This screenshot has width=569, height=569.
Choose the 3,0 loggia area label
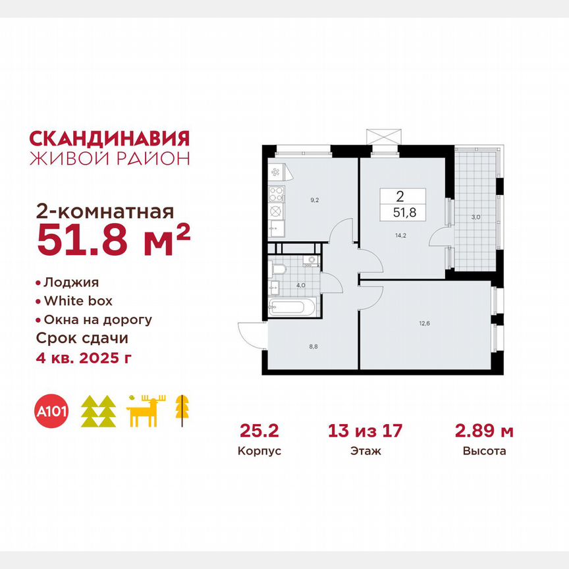tap(476, 215)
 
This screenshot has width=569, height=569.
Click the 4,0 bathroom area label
tap(300, 285)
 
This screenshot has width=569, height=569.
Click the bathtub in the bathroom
tap(292, 307)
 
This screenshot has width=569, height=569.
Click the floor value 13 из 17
tap(366, 431)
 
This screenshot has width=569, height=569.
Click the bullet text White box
tap(78, 301)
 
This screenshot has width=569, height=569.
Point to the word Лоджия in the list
tap(71, 283)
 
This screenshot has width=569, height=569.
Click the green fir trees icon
tap(98, 412)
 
